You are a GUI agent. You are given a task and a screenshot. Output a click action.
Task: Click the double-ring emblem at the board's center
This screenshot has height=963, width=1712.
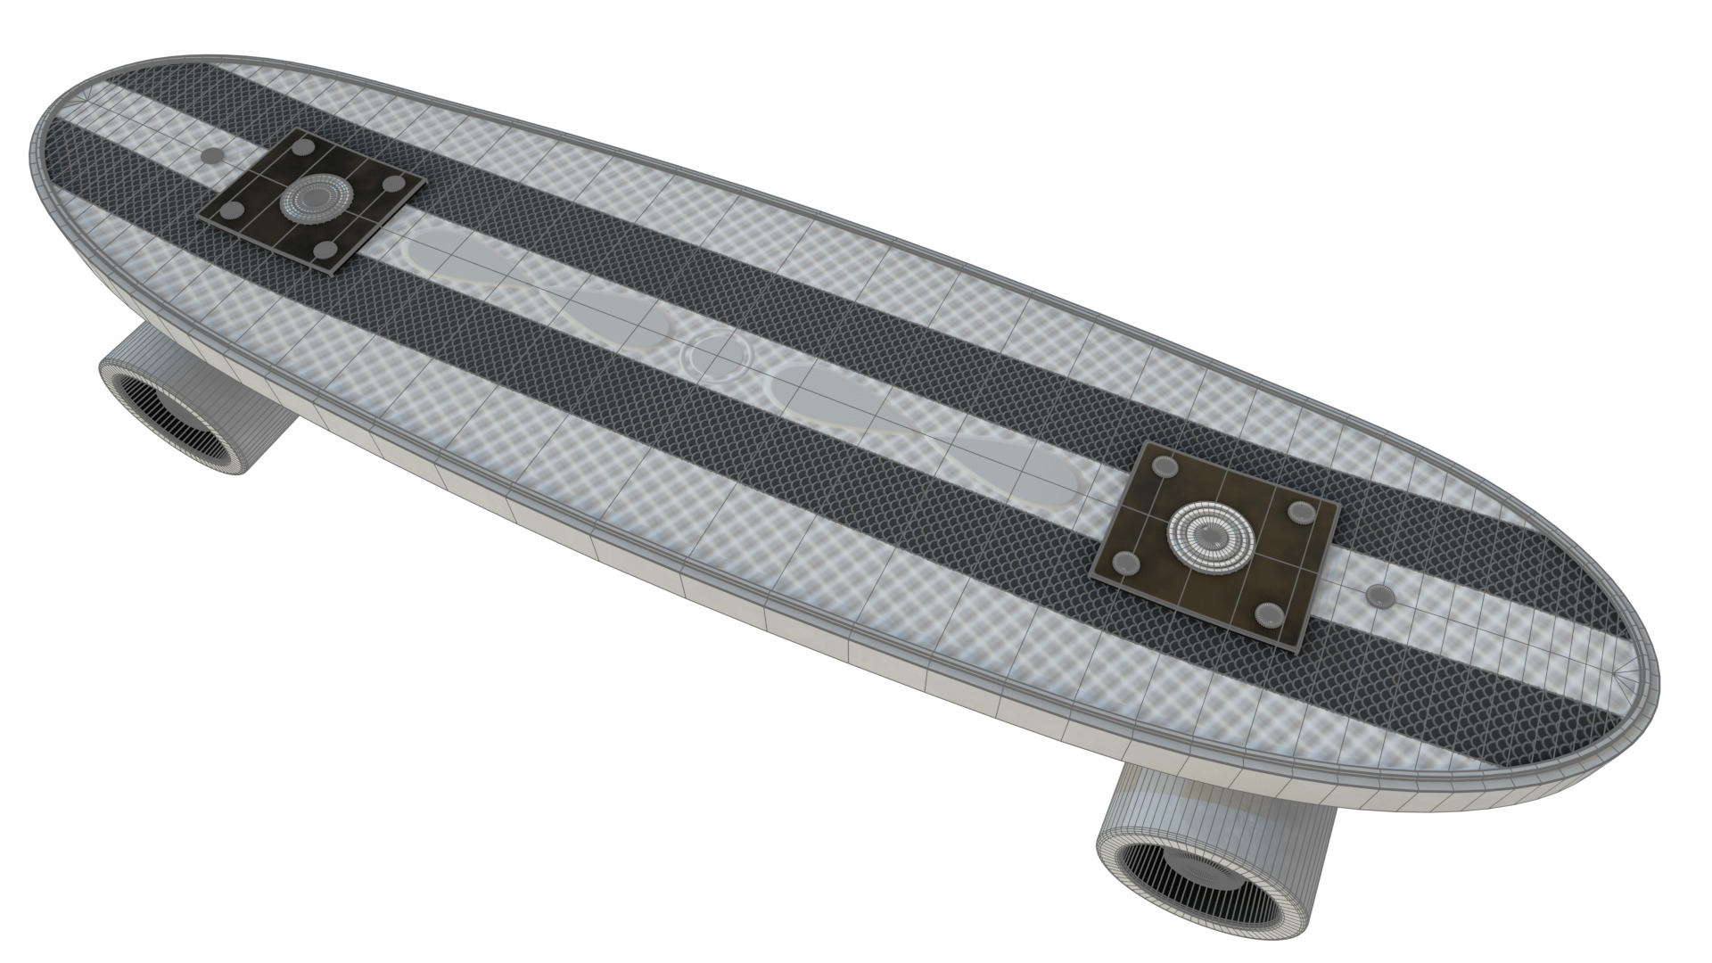[x=717, y=355]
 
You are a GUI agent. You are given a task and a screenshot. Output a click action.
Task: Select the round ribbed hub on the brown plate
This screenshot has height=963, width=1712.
[x=1211, y=535]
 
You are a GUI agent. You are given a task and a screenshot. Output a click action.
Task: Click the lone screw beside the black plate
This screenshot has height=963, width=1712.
[x=215, y=156]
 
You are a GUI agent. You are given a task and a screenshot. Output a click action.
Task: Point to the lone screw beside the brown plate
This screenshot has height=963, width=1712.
[x=1380, y=596]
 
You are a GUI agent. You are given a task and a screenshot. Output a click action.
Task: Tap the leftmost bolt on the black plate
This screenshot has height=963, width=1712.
[x=234, y=211]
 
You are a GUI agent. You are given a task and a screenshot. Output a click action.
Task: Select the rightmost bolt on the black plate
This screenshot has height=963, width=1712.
[x=391, y=185]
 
